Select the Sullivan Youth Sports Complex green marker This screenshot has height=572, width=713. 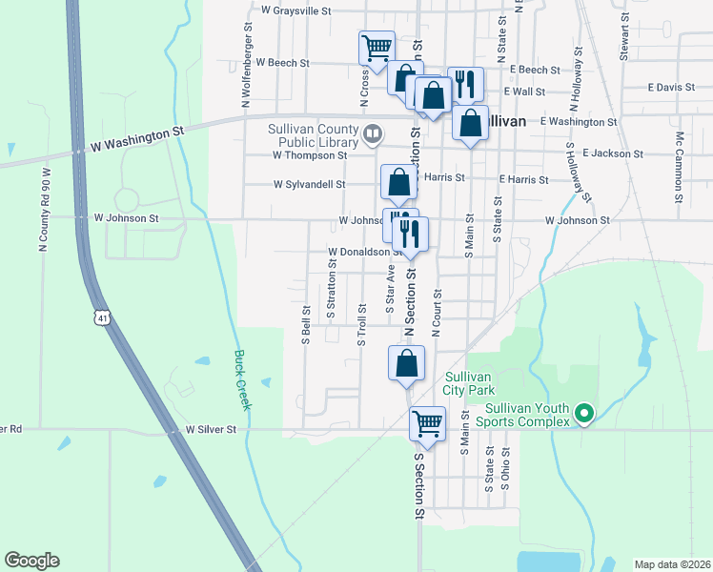click(x=584, y=414)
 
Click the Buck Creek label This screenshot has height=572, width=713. click(x=242, y=379)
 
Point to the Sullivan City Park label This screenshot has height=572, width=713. click(x=469, y=382)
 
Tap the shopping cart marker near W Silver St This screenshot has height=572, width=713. click(x=427, y=422)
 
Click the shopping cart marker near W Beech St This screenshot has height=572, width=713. click(x=377, y=47)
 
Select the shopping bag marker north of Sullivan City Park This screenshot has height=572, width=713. click(x=406, y=363)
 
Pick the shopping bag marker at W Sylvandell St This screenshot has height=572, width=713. click(x=398, y=181)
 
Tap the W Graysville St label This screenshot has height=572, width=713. click(x=295, y=11)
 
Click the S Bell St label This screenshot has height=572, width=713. click(x=306, y=324)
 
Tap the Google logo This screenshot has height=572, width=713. click(x=31, y=561)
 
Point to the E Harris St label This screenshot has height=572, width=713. click(x=522, y=179)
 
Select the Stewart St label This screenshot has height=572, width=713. click(x=625, y=36)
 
